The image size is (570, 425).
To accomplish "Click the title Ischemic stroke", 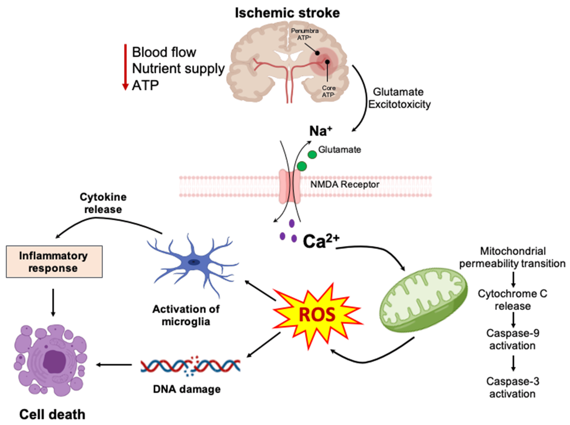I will coord(287,13).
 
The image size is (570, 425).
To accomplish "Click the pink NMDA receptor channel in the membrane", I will coord(290,186).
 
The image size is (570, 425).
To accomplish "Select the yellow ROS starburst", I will coord(317,315).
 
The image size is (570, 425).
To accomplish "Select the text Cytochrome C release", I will coord(512,300).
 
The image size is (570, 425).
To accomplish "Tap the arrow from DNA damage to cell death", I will coord(114,365).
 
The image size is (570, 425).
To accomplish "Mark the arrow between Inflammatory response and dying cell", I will coord(53,302).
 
